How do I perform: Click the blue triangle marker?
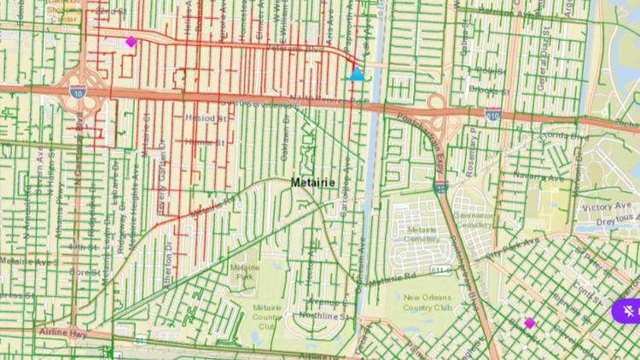357,75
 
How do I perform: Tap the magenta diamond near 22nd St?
131,41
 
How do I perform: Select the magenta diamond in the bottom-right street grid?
530,322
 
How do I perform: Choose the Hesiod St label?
203,120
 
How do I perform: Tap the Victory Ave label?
604,207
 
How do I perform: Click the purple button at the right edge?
627,311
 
